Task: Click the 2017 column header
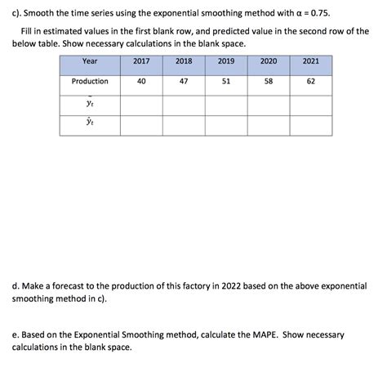[x=141, y=61]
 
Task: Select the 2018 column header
[x=184, y=61]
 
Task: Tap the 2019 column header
[x=226, y=61]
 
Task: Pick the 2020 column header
[x=269, y=61]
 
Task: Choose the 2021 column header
[x=311, y=61]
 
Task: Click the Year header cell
[x=90, y=61]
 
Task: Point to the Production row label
[x=90, y=81]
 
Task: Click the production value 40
[x=141, y=81]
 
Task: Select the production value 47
[x=184, y=81]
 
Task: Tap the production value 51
[x=226, y=81]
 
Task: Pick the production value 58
[x=269, y=81]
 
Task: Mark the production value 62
[x=311, y=81]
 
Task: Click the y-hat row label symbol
[x=90, y=123]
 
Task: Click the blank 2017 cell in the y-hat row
[x=141, y=124]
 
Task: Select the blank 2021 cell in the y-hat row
[x=311, y=124]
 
